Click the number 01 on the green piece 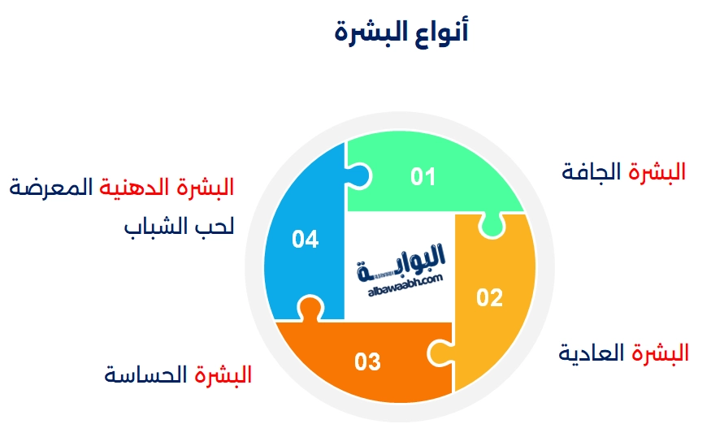tap(423, 176)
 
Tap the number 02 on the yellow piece tap(489, 298)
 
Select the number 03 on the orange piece tap(367, 361)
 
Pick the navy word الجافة tap(591, 172)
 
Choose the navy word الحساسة tap(145, 375)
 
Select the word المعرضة tap(50, 188)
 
